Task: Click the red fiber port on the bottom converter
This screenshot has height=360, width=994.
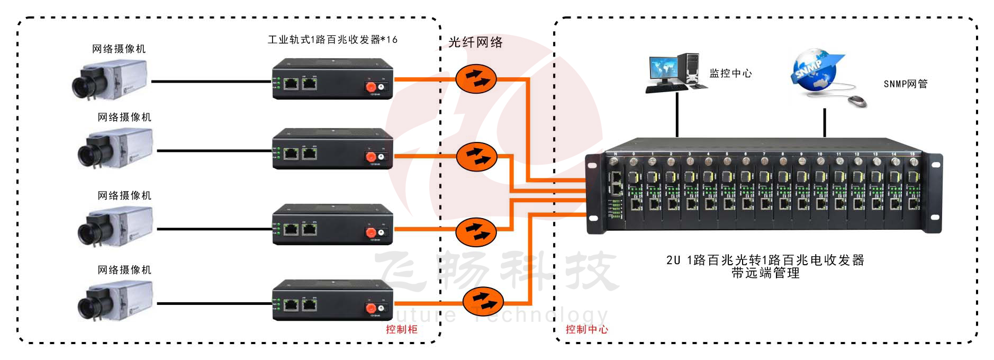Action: coord(371,308)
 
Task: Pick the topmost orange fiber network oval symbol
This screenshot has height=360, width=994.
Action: coord(476,79)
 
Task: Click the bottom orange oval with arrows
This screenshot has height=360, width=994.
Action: coord(483,302)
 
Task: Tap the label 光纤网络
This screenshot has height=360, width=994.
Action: coord(475,42)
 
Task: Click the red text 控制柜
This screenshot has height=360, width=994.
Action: coord(401,329)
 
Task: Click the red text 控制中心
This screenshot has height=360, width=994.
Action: coord(586,329)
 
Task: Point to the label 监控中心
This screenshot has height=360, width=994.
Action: coord(730,74)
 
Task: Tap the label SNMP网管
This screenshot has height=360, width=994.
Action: coord(905,84)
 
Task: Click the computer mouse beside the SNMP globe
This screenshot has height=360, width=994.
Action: coord(857,101)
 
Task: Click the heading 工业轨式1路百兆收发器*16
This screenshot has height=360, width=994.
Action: coord(332,40)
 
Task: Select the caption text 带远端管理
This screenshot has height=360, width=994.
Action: coord(765,273)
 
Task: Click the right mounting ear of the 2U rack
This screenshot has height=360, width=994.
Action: coord(935,193)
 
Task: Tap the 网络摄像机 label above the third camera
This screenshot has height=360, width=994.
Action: coord(124,195)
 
